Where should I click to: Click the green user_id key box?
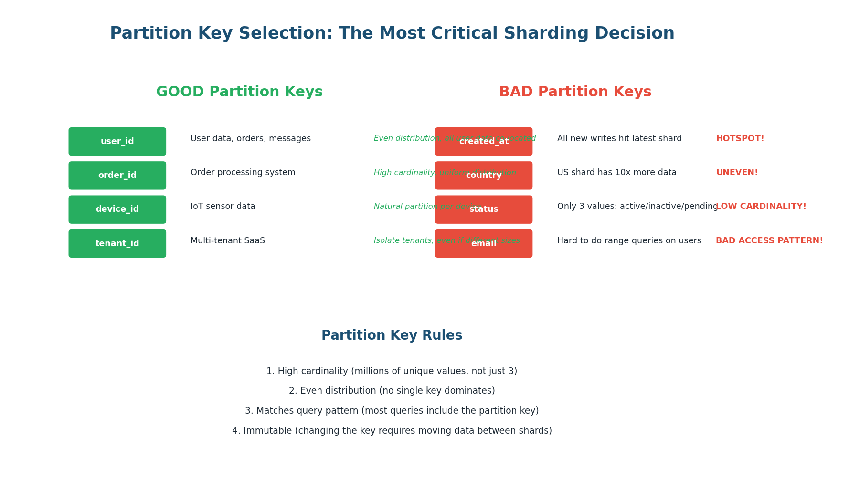pos(117,142)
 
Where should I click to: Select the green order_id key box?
pos(117,176)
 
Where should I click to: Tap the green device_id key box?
pos(117,209)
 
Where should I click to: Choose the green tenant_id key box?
pos(117,244)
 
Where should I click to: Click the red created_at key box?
pos(483,142)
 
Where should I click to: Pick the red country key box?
pos(483,176)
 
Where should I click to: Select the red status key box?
pos(483,209)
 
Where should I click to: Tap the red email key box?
pos(483,244)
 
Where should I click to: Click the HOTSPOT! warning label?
pos(740,139)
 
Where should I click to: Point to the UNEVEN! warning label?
pos(737,173)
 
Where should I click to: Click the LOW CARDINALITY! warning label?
pos(761,207)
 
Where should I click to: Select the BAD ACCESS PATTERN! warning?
pos(769,241)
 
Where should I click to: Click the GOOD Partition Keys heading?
pos(239,92)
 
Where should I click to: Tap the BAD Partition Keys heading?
pos(575,92)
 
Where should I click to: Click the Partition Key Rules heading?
pos(392,336)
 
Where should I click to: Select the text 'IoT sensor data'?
pos(223,207)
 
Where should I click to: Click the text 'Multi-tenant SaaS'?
pos(227,241)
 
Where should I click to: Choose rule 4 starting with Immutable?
pos(392,431)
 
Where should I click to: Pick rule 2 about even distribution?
pos(392,391)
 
